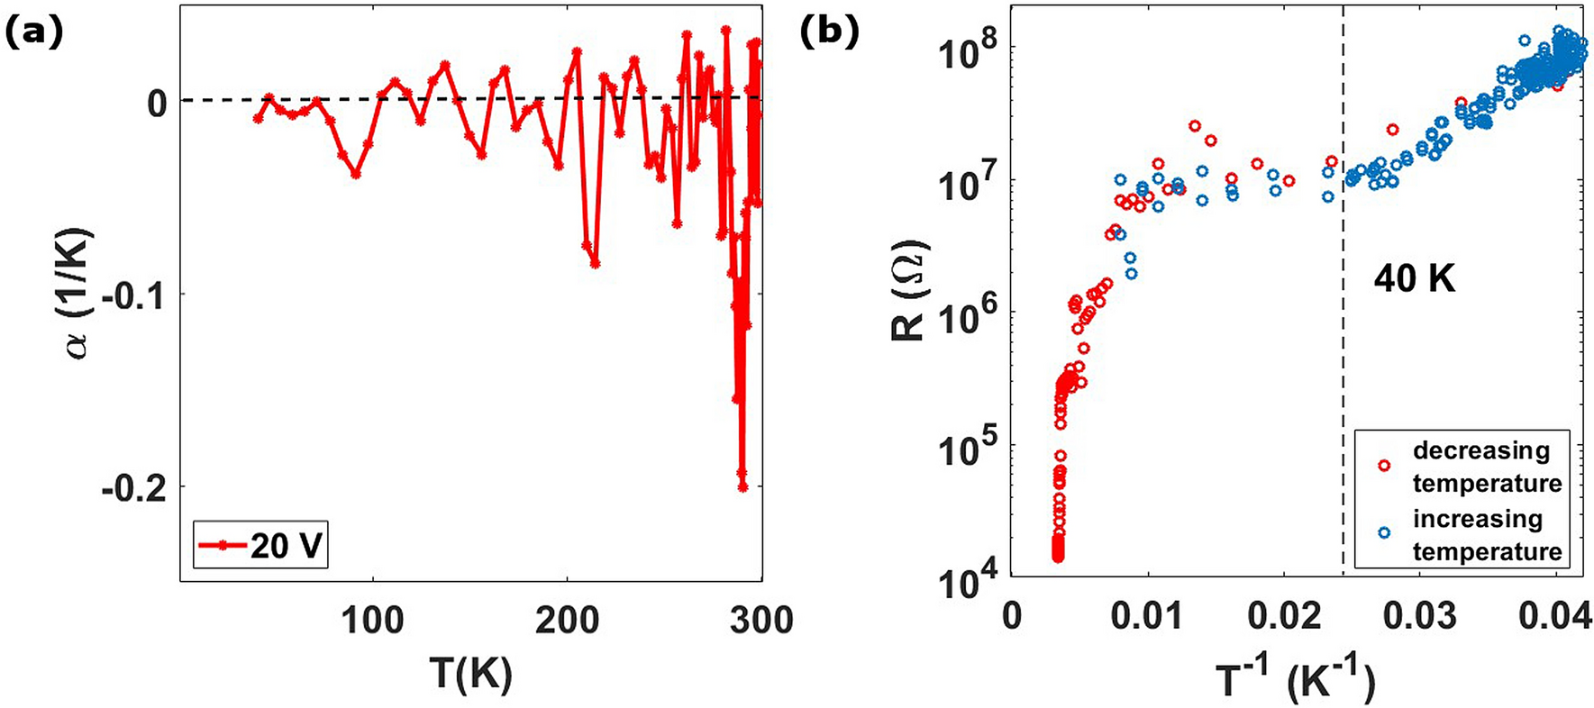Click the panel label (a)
click(x=33, y=33)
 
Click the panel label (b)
click(x=829, y=33)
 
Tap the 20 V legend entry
click(x=260, y=546)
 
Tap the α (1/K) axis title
click(x=81, y=294)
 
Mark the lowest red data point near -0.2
click(x=743, y=486)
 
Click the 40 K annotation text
click(x=1414, y=280)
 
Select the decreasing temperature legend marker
click(x=1384, y=465)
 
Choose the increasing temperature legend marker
click(x=1384, y=533)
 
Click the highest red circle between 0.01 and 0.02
click(x=1195, y=126)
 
